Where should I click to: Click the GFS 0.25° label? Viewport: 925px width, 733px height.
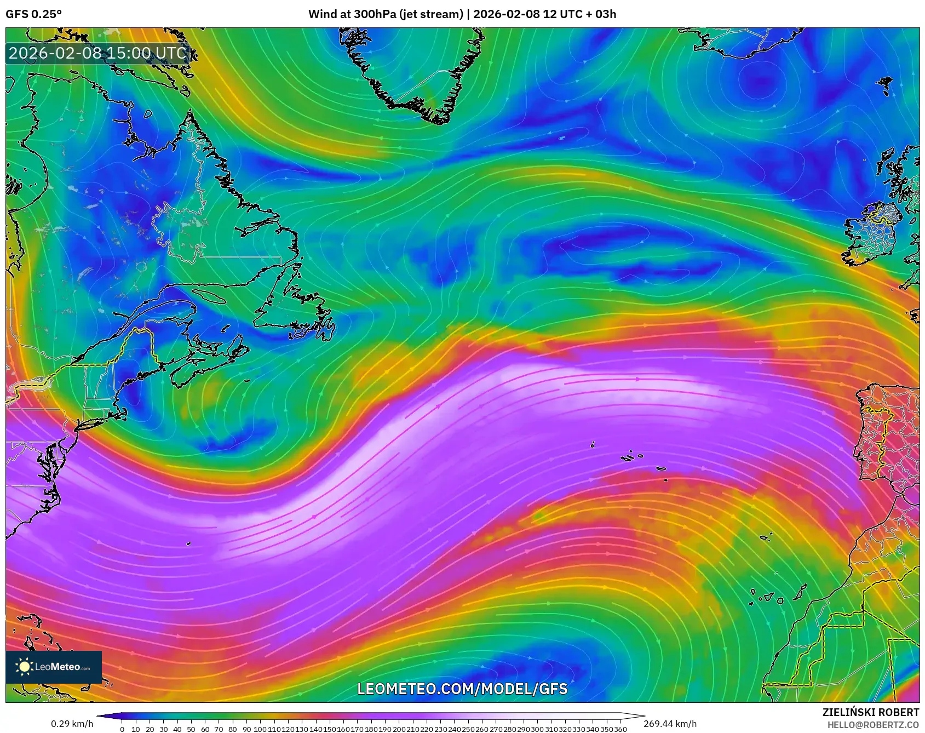coord(33,14)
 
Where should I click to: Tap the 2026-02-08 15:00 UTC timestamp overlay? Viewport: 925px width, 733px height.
coord(97,53)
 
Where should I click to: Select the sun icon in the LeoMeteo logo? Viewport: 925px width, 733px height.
coord(24,666)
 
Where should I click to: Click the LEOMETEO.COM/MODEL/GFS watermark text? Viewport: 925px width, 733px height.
coord(462,689)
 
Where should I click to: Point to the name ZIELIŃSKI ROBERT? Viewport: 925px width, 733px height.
coord(870,712)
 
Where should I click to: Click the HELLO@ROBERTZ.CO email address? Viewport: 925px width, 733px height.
coord(873,725)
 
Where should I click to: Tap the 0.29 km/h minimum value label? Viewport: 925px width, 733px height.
coord(72,724)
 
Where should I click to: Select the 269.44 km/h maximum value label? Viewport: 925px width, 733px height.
coord(670,724)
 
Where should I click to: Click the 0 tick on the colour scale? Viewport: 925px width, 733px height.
coord(122,729)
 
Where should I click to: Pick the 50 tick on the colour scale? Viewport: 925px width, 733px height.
coord(191,729)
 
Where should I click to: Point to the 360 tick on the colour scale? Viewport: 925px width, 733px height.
coord(621,729)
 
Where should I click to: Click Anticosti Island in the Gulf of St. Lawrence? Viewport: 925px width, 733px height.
coord(208,296)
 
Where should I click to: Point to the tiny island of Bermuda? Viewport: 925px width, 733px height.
coord(188,544)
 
